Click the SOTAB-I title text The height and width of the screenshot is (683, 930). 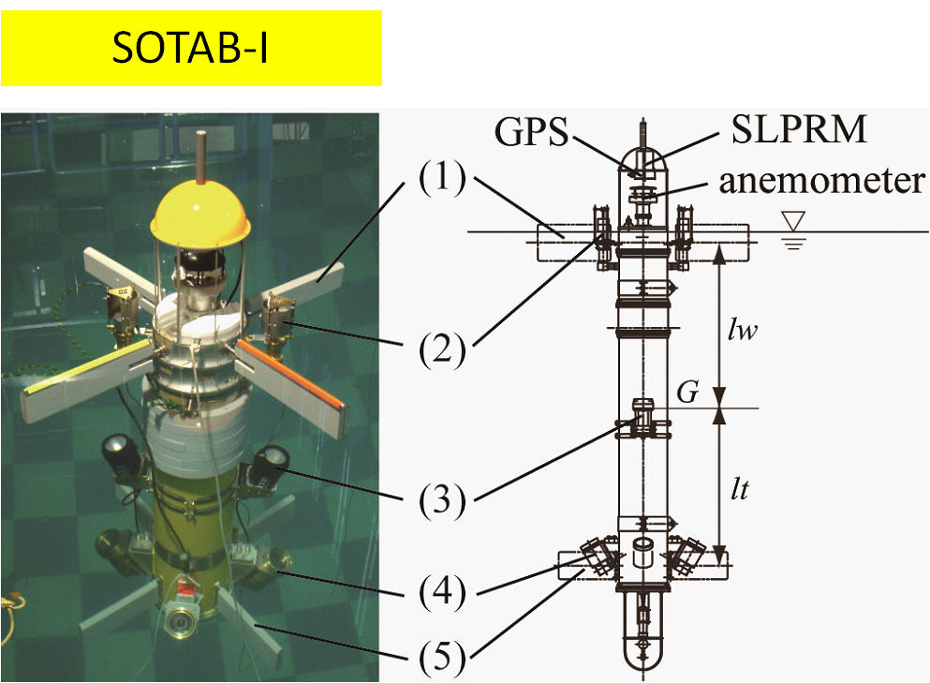(190, 48)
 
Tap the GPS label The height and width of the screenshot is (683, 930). (531, 131)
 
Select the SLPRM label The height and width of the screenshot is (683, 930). (799, 128)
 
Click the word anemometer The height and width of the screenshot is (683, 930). (822, 182)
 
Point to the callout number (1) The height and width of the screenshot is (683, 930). (442, 177)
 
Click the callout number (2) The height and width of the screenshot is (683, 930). (442, 350)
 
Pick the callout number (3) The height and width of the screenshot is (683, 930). (442, 500)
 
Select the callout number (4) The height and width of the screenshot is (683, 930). (442, 592)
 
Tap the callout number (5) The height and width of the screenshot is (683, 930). (442, 658)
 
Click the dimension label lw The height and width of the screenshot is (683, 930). (743, 330)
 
